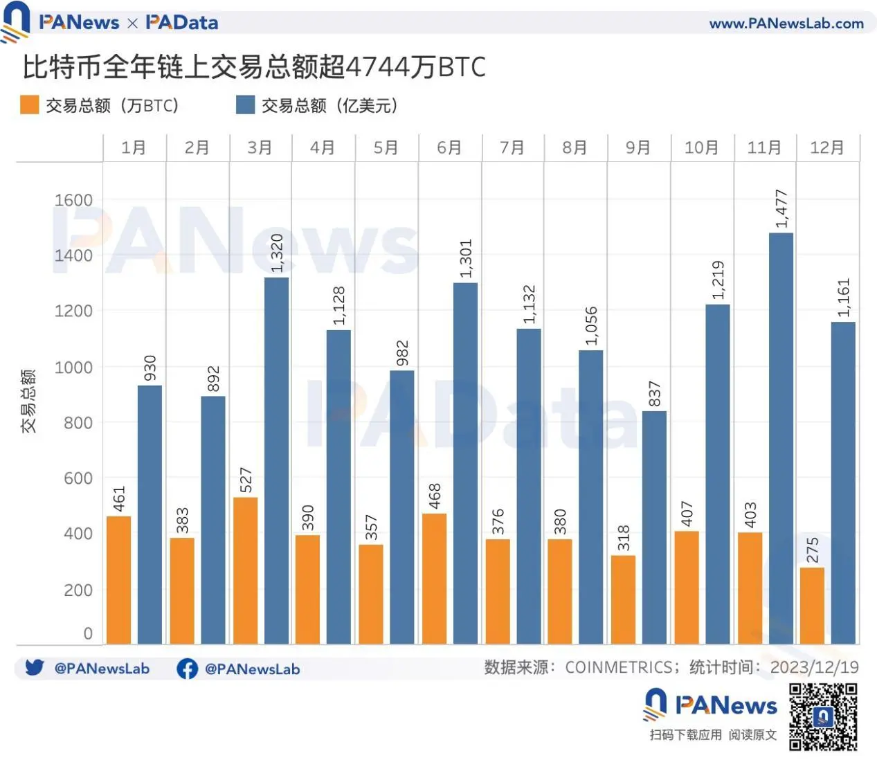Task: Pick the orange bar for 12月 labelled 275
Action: tap(812, 606)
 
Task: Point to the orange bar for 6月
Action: tap(434, 579)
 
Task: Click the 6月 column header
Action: tap(449, 148)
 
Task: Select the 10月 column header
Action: tap(701, 148)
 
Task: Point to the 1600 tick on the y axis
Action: tap(73, 200)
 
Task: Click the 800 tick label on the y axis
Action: tap(78, 423)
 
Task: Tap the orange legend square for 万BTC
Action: tap(30, 105)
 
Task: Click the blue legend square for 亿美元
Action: tap(245, 105)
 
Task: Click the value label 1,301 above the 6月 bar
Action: tap(466, 259)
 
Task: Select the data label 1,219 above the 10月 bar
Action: tap(718, 280)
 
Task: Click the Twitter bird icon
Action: tap(35, 668)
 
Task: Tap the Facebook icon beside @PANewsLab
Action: tap(187, 669)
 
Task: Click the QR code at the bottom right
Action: tap(823, 716)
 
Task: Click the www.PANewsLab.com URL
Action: tap(786, 24)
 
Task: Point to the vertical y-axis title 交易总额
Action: tap(28, 401)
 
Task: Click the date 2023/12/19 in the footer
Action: tap(814, 667)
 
